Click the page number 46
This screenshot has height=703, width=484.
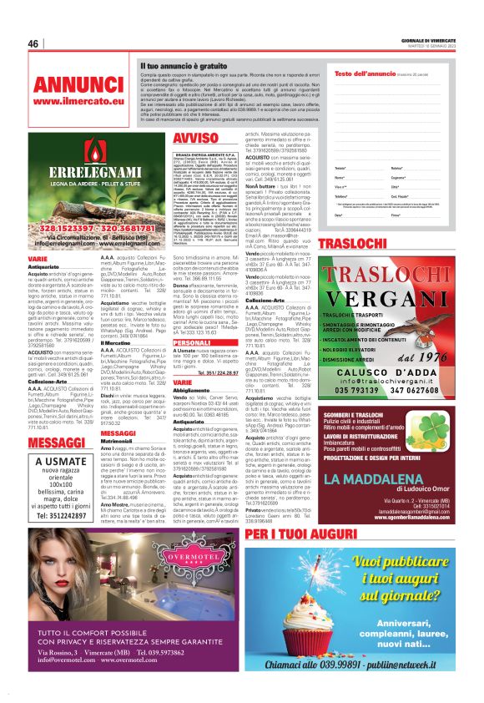tap(34, 43)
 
